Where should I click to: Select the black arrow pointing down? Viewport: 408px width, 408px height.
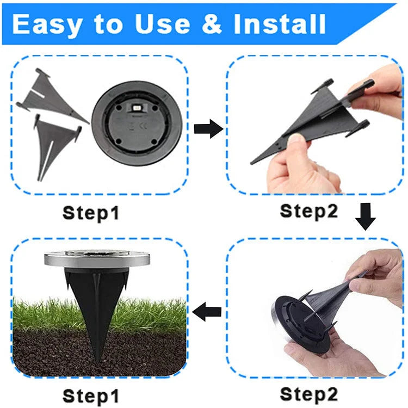(x=365, y=217)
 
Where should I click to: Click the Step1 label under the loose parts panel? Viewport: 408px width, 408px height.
(x=91, y=212)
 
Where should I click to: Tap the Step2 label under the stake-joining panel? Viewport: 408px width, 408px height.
(x=308, y=211)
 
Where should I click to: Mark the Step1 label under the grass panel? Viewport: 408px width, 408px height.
(x=91, y=395)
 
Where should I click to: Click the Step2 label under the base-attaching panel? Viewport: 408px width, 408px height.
(x=308, y=393)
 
